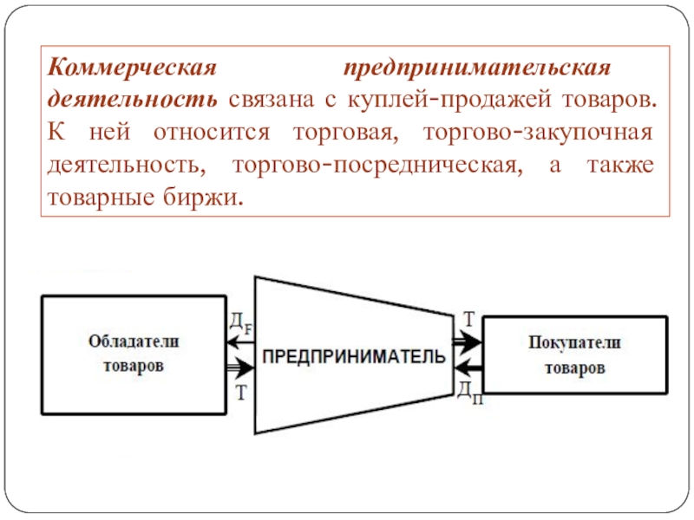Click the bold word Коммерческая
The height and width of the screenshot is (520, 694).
(x=130, y=68)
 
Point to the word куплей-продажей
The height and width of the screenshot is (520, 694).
(x=441, y=100)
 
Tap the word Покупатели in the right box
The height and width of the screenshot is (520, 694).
(x=574, y=343)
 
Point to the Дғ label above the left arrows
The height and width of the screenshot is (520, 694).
(x=239, y=324)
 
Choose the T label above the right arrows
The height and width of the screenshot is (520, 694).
(x=468, y=319)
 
